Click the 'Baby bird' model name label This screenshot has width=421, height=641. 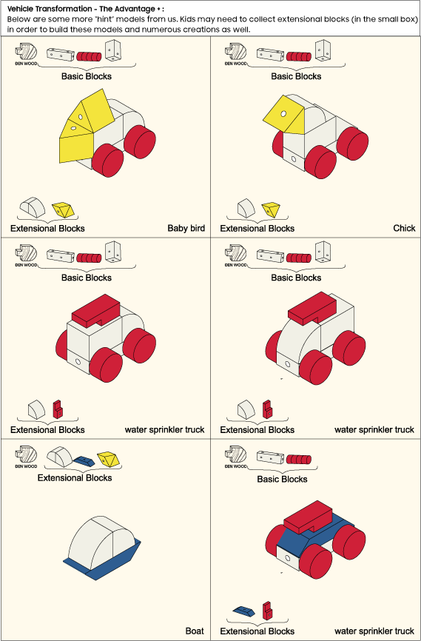click(186, 228)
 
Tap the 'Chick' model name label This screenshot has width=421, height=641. click(404, 228)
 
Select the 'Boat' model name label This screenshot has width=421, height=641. click(195, 631)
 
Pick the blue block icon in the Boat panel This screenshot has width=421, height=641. click(84, 461)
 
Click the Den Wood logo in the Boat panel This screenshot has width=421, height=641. click(26, 457)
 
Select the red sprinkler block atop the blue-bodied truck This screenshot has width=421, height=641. click(309, 518)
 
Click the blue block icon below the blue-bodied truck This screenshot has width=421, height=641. click(243, 611)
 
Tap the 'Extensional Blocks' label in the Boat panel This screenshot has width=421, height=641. click(75, 477)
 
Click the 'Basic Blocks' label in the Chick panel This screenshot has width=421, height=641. click(296, 76)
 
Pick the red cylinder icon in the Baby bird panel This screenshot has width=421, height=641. click(89, 56)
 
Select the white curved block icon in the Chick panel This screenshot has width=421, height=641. click(246, 208)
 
